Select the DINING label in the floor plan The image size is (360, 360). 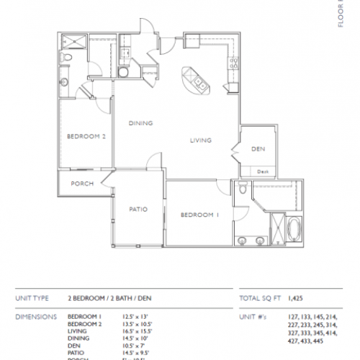point(141,123)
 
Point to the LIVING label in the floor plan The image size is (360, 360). point(200,140)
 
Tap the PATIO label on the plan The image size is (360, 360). point(138,210)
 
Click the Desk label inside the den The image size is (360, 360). point(263,171)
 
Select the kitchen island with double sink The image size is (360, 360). point(197,80)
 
